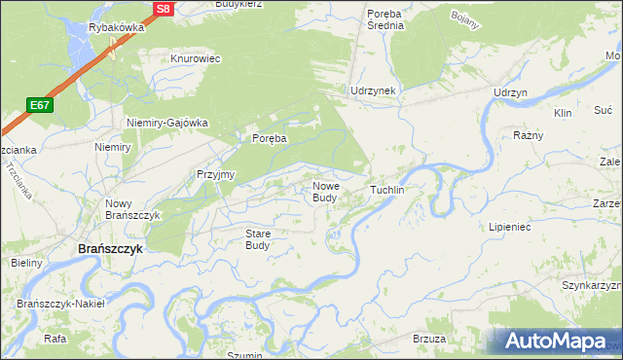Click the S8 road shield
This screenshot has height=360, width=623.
[x=163, y=9]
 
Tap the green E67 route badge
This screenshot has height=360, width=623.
[x=40, y=105]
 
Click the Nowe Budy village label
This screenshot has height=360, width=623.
[x=325, y=192]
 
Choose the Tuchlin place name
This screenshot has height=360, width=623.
[x=386, y=190]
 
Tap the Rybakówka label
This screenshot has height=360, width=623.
[x=116, y=28]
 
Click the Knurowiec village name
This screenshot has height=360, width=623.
[x=196, y=58]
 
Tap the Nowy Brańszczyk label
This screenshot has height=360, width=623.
[x=126, y=209]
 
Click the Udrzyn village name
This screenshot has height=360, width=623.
[x=510, y=91]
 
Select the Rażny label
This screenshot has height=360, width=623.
[x=528, y=135]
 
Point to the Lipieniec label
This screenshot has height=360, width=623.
[x=508, y=226]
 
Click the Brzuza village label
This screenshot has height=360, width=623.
[x=429, y=339]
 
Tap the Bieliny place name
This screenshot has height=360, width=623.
[x=26, y=264]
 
